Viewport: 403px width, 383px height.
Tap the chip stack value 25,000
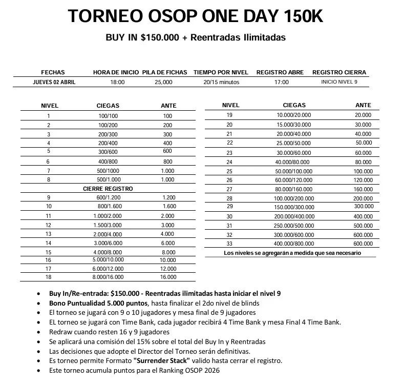point(163,82)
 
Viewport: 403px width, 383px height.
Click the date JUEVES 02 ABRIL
point(54,82)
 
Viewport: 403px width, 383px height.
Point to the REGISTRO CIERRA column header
point(339,72)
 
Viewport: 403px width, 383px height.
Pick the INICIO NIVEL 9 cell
point(339,82)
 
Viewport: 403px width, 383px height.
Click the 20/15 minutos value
point(221,82)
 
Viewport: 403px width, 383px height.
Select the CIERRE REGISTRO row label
point(108,189)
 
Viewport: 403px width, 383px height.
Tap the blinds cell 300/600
point(108,151)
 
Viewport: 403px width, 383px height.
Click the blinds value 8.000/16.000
point(108,277)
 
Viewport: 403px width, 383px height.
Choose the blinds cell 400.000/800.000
point(294,244)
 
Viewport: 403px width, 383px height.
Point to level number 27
point(229,189)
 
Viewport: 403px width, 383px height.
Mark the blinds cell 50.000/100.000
point(294,171)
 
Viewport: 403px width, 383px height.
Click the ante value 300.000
point(363,206)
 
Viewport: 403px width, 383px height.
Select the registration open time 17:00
point(281,82)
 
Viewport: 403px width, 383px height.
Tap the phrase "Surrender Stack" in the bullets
point(159,361)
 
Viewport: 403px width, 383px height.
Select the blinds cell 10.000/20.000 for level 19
point(294,115)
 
